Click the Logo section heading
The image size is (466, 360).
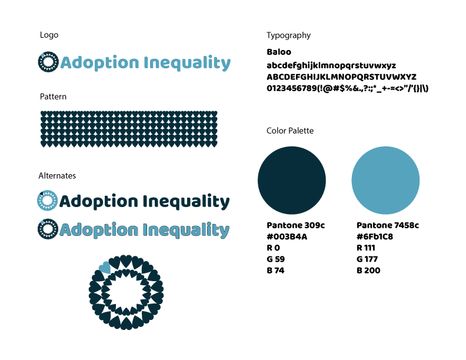(x=49, y=35)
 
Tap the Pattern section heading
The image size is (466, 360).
(x=53, y=96)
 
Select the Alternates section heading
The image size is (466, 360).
(x=57, y=176)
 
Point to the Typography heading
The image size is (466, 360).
(x=288, y=35)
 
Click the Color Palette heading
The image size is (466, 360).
(x=290, y=131)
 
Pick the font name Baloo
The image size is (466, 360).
(x=278, y=52)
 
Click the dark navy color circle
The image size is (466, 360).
(x=292, y=181)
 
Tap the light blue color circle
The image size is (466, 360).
(x=385, y=181)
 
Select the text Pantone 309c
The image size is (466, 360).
(x=296, y=225)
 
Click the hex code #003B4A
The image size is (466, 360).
(x=287, y=236)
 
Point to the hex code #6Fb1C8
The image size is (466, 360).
(x=375, y=236)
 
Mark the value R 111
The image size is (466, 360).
(x=366, y=248)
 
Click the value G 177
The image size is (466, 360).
(x=367, y=259)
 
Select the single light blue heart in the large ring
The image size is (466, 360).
(x=105, y=268)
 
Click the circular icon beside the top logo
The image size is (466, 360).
(x=48, y=62)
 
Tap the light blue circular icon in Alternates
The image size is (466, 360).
(x=47, y=201)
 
